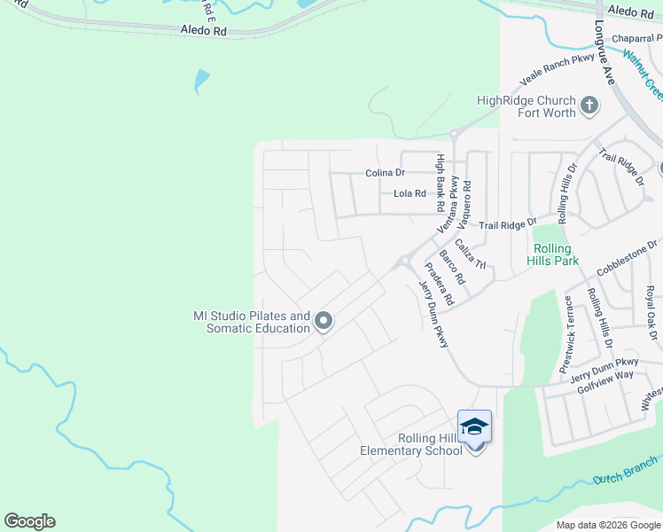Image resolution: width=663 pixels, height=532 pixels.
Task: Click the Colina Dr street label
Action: click(385, 174)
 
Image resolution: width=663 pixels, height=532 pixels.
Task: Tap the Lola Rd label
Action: click(409, 193)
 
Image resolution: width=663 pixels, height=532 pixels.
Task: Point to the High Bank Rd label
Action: click(439, 183)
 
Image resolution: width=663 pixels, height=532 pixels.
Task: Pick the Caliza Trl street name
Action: click(471, 254)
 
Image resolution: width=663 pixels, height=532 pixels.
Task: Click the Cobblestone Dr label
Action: click(628, 256)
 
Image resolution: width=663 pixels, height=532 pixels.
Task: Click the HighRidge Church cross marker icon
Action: click(589, 107)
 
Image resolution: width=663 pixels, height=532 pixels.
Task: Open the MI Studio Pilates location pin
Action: click(324, 321)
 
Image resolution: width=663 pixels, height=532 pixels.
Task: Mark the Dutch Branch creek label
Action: click(627, 470)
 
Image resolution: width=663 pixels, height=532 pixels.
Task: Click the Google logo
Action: click(29, 521)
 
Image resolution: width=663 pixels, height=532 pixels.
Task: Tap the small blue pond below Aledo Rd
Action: click(201, 82)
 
